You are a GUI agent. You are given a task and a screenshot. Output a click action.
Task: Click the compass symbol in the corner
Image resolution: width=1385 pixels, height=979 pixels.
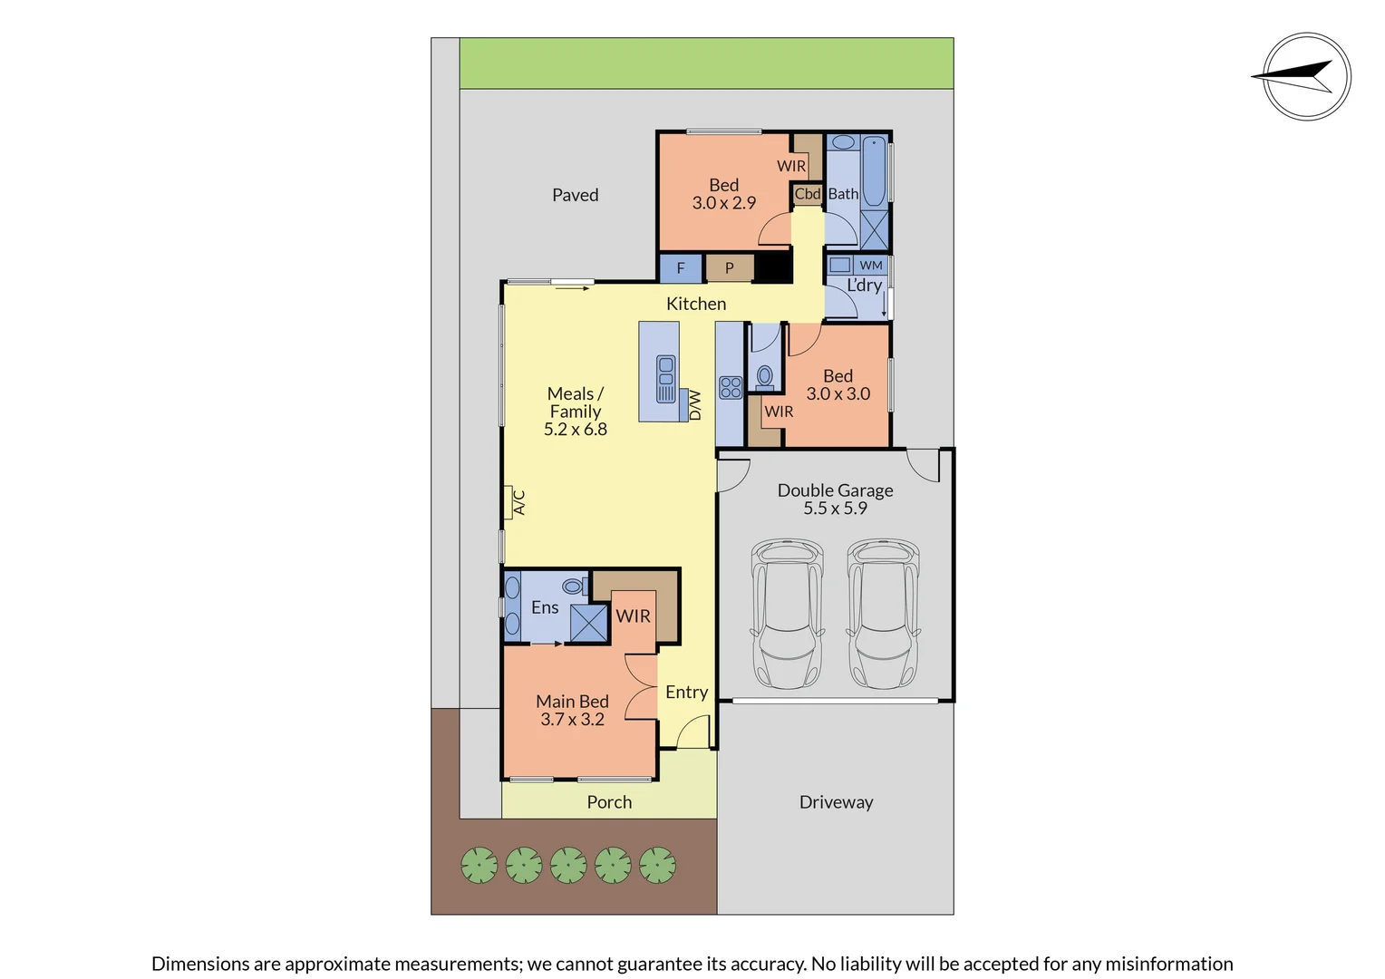pyautogui.click(x=1306, y=77)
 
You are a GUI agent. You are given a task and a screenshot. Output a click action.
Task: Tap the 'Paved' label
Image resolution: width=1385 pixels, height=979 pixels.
pyautogui.click(x=575, y=195)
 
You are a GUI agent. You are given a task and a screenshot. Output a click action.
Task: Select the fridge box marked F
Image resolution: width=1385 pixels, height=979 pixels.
pyautogui.click(x=680, y=268)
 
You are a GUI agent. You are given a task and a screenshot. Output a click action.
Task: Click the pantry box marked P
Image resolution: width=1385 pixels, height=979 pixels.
pyautogui.click(x=729, y=268)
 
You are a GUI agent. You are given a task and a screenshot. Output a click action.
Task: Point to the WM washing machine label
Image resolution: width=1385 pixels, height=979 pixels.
pyautogui.click(x=870, y=266)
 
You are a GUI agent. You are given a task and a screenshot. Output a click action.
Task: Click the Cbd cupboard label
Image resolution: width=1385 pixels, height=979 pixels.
pyautogui.click(x=807, y=194)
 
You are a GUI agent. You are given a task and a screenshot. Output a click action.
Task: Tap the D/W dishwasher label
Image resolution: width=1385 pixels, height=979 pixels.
pyautogui.click(x=695, y=405)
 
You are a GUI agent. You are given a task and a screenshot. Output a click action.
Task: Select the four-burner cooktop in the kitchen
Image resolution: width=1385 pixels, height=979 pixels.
pyautogui.click(x=731, y=388)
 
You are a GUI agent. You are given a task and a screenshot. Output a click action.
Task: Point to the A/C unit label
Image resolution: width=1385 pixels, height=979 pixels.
pyautogui.click(x=518, y=501)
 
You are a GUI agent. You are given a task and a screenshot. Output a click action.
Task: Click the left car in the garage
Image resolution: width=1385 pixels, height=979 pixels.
pyautogui.click(x=787, y=614)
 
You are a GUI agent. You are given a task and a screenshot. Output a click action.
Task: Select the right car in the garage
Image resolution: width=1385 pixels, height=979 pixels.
pyautogui.click(x=883, y=614)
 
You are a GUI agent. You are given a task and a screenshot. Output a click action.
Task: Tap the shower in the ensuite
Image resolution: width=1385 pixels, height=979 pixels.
pyautogui.click(x=588, y=623)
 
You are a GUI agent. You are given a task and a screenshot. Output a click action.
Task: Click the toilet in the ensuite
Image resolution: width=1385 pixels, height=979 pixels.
pyautogui.click(x=573, y=586)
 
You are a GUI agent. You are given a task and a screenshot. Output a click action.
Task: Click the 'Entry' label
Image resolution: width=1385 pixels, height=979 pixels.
pyautogui.click(x=686, y=693)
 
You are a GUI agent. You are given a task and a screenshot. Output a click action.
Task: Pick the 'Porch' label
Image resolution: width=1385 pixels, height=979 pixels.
pyautogui.click(x=609, y=802)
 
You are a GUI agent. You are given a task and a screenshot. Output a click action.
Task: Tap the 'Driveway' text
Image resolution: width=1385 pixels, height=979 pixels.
pyautogui.click(x=836, y=802)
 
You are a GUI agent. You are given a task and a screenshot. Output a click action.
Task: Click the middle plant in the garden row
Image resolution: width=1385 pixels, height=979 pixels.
pyautogui.click(x=568, y=865)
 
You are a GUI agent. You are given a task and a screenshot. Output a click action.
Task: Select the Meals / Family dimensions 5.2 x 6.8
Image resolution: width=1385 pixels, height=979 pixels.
pyautogui.click(x=575, y=430)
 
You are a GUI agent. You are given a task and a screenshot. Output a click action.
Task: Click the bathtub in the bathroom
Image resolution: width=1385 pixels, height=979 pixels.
pyautogui.click(x=874, y=171)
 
